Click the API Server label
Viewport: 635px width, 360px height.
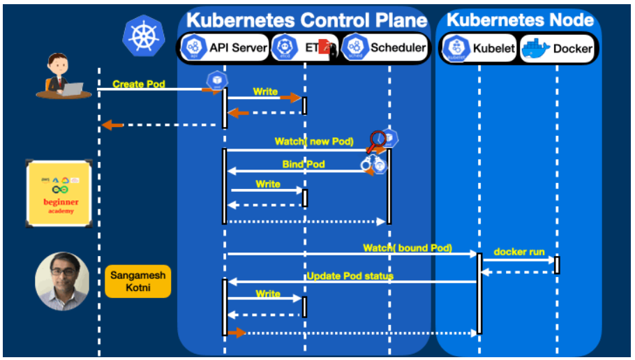point(238,47)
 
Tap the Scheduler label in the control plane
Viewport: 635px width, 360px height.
point(398,47)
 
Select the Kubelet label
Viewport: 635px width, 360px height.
point(494,48)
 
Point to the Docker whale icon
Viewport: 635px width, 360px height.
point(535,47)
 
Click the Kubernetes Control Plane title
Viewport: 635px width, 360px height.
point(306,20)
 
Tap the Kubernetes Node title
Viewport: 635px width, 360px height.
point(520,20)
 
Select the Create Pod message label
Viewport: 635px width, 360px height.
point(139,84)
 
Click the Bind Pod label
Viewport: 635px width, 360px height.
point(304,165)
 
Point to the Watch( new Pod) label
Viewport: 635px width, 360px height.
point(314,142)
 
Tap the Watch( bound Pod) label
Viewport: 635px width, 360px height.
point(408,248)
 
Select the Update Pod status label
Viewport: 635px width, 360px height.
point(350,276)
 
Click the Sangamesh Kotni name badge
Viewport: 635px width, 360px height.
point(137,281)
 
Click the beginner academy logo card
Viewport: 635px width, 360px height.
point(61,193)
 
